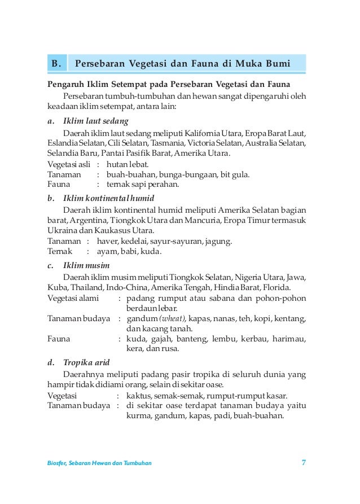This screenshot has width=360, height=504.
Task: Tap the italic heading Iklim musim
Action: [x=86, y=265]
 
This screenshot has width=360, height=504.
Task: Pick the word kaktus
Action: [x=139, y=395]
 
